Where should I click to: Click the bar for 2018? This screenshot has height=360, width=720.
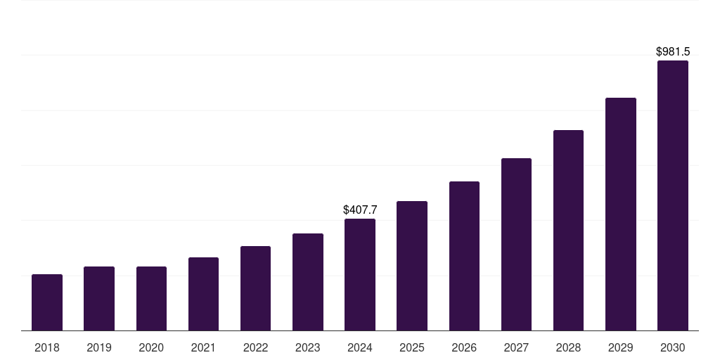[47, 302]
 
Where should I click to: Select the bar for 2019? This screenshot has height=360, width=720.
[99, 299]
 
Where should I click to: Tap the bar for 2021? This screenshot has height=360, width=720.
[203, 294]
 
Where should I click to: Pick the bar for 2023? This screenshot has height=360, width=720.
[308, 282]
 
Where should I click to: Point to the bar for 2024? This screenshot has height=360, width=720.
[360, 274]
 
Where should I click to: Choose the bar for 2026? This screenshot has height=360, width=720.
[464, 256]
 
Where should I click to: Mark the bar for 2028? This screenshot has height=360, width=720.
[568, 230]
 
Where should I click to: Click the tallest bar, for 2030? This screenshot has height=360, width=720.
[673, 195]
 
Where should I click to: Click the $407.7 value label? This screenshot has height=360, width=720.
[360, 210]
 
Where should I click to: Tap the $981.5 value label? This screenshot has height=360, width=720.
[673, 52]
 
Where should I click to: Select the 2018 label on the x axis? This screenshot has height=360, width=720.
[47, 347]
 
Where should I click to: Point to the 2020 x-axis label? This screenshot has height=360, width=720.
[151, 347]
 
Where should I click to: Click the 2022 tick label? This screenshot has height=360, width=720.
[255, 347]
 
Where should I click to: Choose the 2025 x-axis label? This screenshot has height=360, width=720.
[412, 347]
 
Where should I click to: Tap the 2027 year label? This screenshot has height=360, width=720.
[516, 347]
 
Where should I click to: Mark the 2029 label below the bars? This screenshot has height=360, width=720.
[620, 347]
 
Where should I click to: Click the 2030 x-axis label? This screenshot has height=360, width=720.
[673, 347]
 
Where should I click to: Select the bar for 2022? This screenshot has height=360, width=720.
[255, 288]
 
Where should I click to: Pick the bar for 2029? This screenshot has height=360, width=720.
[620, 214]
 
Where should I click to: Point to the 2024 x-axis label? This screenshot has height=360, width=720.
[360, 347]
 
